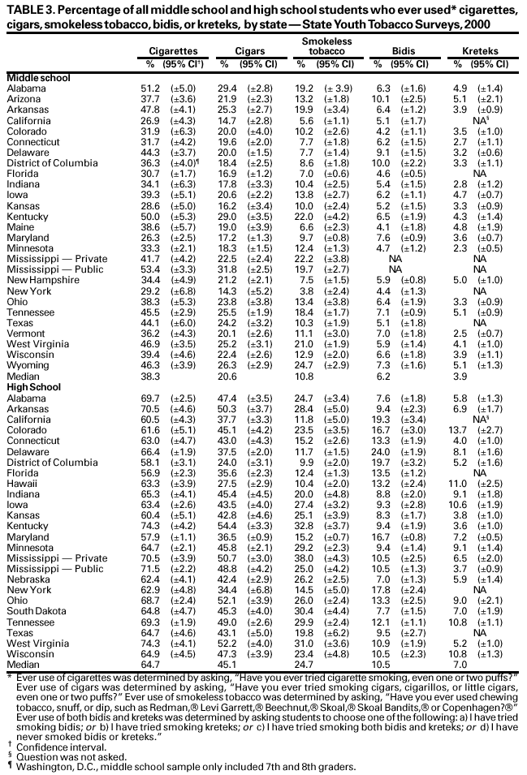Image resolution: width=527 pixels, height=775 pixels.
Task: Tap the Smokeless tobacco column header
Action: tap(321, 45)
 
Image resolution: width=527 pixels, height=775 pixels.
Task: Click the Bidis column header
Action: tap(404, 50)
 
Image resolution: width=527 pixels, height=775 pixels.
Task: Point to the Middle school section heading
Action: tap(38, 77)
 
